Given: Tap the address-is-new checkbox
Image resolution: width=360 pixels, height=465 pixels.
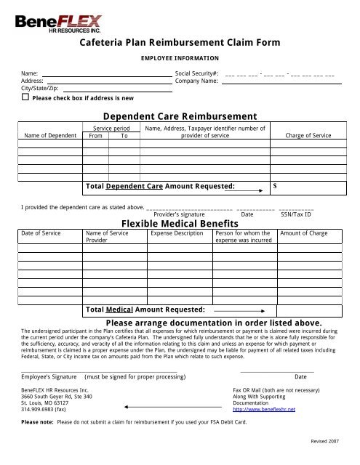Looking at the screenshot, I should click(x=25, y=97).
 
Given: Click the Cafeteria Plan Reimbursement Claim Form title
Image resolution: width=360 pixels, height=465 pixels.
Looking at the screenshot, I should click(x=179, y=43).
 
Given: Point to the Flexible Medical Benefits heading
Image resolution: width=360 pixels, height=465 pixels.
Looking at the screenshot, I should click(x=179, y=223).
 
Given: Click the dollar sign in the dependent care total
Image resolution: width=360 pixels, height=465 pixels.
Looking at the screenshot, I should click(x=274, y=187).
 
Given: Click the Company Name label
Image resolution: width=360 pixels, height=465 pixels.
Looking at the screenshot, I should click(x=197, y=82).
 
